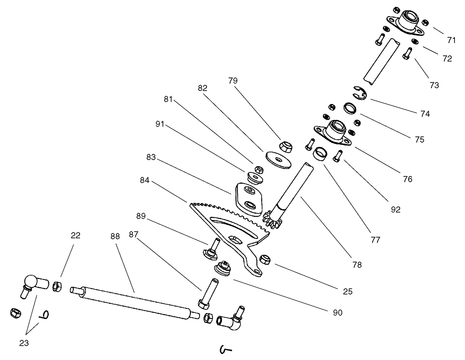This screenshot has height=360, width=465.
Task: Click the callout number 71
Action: coord(451,40)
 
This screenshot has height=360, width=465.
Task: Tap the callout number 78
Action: coord(356,265)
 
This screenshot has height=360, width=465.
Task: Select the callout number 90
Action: coord(338,313)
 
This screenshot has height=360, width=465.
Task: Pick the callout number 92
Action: coord(395,209)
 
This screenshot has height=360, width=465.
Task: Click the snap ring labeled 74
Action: coord(360,93)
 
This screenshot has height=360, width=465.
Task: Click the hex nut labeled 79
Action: coord(285,146)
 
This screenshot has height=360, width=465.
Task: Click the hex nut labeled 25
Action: coord(265,259)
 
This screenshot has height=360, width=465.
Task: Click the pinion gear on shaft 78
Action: coord(273,216)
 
